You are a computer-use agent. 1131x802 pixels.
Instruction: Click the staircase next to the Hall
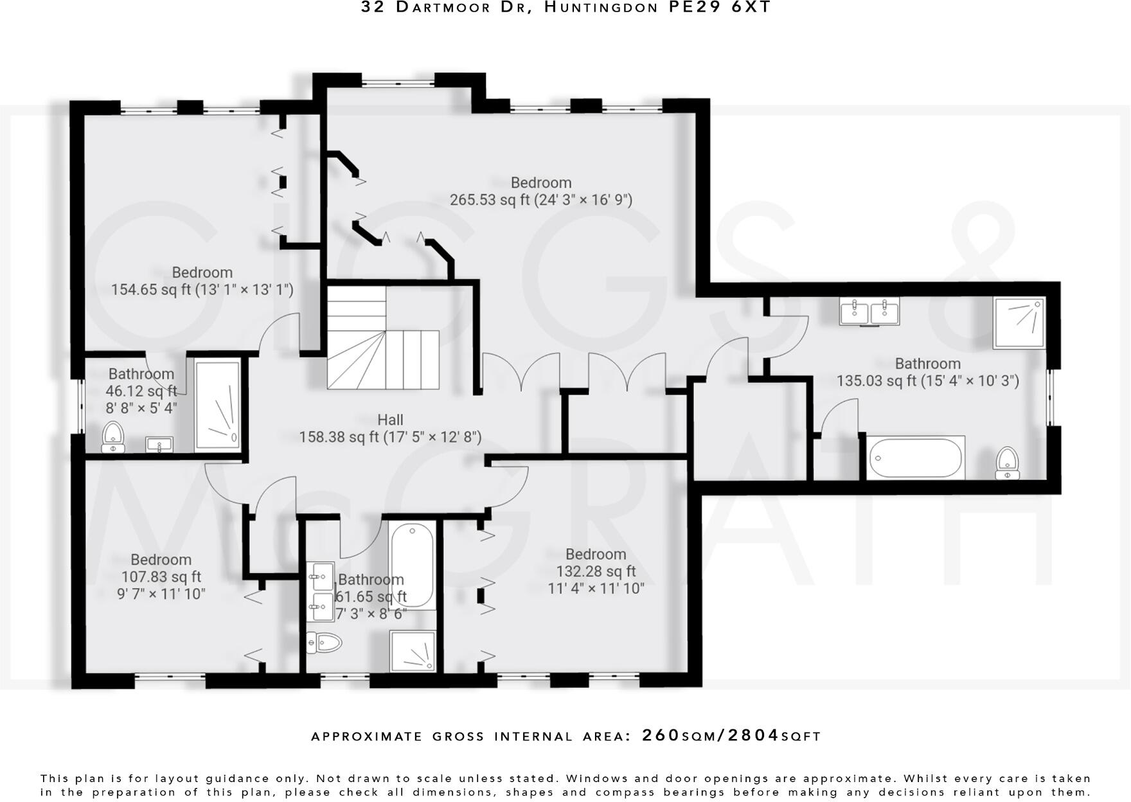pos(383,339)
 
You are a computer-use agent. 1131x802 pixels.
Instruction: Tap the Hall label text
pos(390,420)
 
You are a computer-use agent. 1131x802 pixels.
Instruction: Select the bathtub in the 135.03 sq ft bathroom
pos(915,458)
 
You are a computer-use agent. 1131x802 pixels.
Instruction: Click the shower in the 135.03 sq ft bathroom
pos(1019,323)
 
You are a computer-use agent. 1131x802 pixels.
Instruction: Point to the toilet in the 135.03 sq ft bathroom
pos(1007,463)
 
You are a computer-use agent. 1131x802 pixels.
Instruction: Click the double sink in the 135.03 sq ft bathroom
pos(869,312)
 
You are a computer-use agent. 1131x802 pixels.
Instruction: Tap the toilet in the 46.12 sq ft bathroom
pos(113,438)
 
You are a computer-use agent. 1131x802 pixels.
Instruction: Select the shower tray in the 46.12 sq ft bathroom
pos(218,405)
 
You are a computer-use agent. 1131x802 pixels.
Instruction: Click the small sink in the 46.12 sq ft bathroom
pos(159,444)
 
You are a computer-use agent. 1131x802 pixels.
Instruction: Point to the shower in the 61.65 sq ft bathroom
pos(413,652)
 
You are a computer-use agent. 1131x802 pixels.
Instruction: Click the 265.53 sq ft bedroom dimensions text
pos(540,200)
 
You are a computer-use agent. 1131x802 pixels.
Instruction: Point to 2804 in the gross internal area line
pos(753,735)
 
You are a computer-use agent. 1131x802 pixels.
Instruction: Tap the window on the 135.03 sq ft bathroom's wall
pos(1053,397)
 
